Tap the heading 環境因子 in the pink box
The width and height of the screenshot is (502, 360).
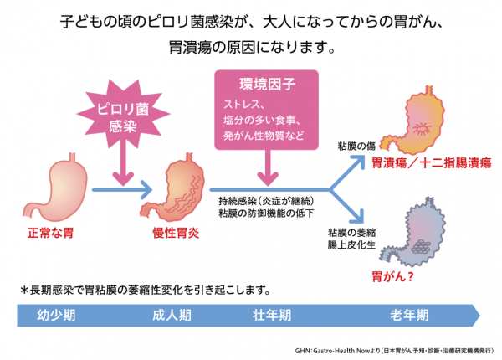coord(268,85)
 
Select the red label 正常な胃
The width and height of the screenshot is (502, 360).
coord(50,233)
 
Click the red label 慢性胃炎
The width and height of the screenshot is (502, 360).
coord(176,233)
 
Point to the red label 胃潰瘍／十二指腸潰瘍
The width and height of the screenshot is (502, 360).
coord(432,163)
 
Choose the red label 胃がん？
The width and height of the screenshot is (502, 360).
coord(392,276)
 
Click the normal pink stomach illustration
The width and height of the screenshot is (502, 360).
coord(55,188)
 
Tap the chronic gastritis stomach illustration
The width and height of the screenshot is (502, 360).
coord(173,188)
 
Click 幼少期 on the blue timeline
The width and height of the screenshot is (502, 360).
coord(56,315)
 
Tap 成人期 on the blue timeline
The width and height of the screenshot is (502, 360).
coord(172,315)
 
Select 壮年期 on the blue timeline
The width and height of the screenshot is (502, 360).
coord(272,315)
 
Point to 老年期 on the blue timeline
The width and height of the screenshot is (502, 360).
coord(409,315)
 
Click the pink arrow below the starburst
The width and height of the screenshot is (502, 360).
coord(123,163)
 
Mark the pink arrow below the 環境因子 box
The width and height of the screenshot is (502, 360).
coord(268,167)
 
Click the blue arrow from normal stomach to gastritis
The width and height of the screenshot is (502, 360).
coord(122,189)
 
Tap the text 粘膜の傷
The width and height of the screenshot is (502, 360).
coord(356,146)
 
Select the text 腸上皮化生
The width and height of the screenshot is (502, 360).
coord(351,245)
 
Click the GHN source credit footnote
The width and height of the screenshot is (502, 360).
coord(394,351)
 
